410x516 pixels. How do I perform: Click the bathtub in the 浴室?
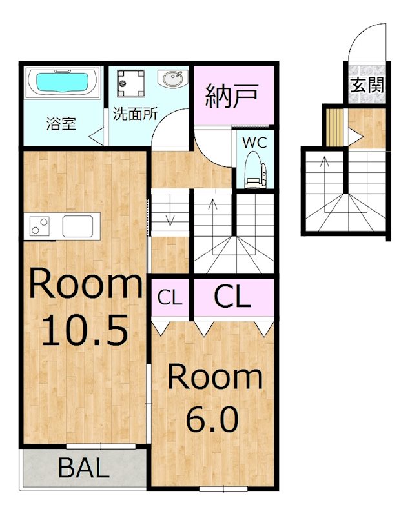pos(63,83)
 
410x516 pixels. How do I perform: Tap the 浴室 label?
pos(61,124)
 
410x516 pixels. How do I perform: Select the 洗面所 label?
pos(135,114)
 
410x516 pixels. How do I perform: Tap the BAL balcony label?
pos(83,469)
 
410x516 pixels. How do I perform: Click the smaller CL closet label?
pos(170,298)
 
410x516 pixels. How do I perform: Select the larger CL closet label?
pos(232,297)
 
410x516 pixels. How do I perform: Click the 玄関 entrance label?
pos(367,84)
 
